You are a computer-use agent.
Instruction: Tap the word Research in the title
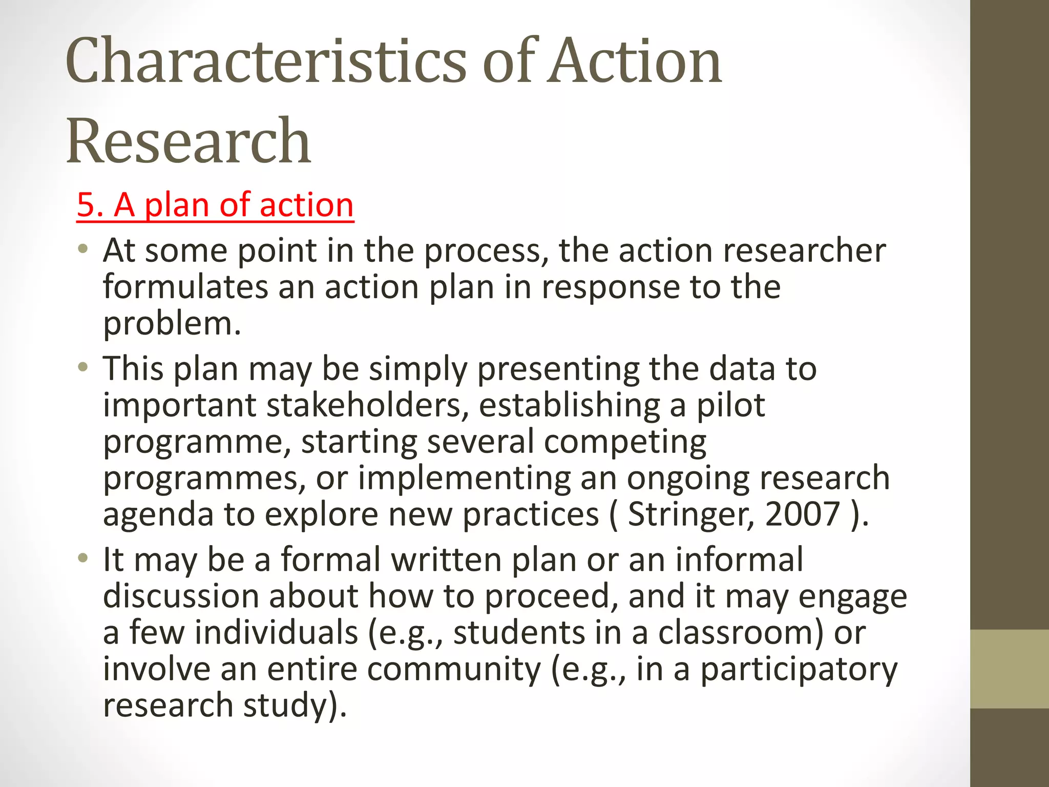(x=188, y=140)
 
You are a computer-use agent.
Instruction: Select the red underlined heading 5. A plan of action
(x=215, y=205)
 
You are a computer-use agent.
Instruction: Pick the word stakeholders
(x=367, y=405)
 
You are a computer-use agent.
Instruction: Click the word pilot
(x=730, y=405)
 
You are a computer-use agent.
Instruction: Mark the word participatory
(x=799, y=669)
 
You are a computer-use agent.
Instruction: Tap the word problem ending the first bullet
(x=172, y=324)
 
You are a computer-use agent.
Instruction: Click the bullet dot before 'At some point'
(x=83, y=250)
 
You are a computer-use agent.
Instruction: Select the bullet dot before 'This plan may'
(x=83, y=367)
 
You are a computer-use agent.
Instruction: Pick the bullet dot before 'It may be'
(x=83, y=558)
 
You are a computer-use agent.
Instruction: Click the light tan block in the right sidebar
(x=1010, y=669)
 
